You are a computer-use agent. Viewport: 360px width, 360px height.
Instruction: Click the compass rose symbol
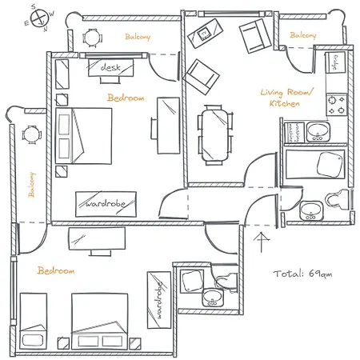[39, 18]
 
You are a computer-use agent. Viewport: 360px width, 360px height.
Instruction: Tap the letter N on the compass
[45, 29]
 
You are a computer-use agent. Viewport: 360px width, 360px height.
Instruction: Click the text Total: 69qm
[302, 274]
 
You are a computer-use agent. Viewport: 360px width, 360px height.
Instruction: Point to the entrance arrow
[262, 242]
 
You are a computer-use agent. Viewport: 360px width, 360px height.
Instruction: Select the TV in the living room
[204, 34]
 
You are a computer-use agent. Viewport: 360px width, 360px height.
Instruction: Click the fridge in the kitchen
[335, 62]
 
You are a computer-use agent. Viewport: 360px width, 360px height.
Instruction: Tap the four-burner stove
[337, 104]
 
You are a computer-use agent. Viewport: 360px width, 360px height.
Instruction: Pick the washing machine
[294, 132]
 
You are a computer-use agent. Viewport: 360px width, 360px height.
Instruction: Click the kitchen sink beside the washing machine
[318, 131]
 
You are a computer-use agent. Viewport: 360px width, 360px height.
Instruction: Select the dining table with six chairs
[215, 135]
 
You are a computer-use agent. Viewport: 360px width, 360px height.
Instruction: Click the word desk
[110, 67]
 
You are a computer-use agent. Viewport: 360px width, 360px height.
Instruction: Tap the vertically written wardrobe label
[159, 300]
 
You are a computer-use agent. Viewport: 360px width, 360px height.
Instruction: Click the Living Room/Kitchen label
[286, 98]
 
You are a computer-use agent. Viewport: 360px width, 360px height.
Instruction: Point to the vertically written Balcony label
[32, 185]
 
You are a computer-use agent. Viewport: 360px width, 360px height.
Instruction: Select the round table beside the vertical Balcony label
[32, 134]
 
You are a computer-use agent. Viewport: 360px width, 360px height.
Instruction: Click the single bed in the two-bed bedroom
[34, 321]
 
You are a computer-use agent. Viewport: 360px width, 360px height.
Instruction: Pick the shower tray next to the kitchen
[315, 164]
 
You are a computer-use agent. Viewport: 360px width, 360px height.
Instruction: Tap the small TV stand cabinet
[205, 33]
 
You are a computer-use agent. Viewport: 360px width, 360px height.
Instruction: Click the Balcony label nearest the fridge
[303, 35]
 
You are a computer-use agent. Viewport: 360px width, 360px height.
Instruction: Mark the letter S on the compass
[34, 7]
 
